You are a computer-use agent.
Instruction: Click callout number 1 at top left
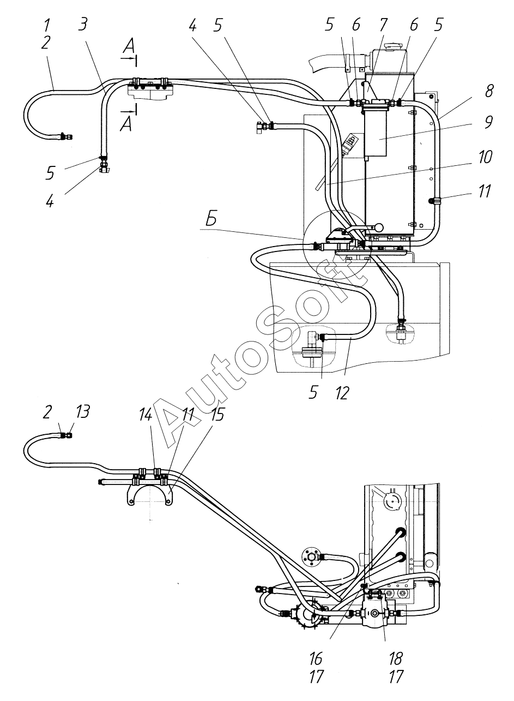point(47,25)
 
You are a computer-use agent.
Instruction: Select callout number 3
point(82,25)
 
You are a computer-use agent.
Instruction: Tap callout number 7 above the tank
point(383,25)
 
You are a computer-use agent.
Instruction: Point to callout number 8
point(489,91)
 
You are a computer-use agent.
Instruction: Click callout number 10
point(485,157)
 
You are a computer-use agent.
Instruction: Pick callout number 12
point(342,393)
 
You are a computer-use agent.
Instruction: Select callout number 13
point(82,411)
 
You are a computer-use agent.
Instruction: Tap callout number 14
point(146,415)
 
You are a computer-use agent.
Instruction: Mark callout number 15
point(217,415)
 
